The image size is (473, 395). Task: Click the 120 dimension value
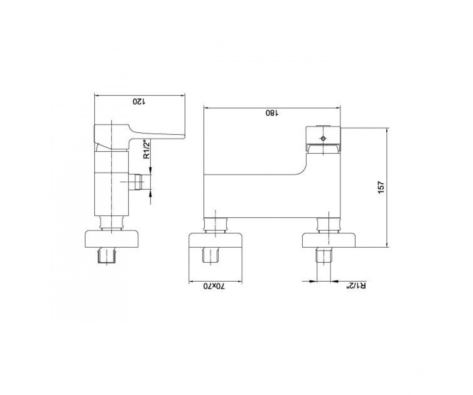click(139, 102)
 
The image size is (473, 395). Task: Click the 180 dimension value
click(272, 113)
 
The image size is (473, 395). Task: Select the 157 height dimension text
click(381, 187)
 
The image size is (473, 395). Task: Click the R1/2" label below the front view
click(356, 286)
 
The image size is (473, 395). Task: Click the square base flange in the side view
click(112, 239)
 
